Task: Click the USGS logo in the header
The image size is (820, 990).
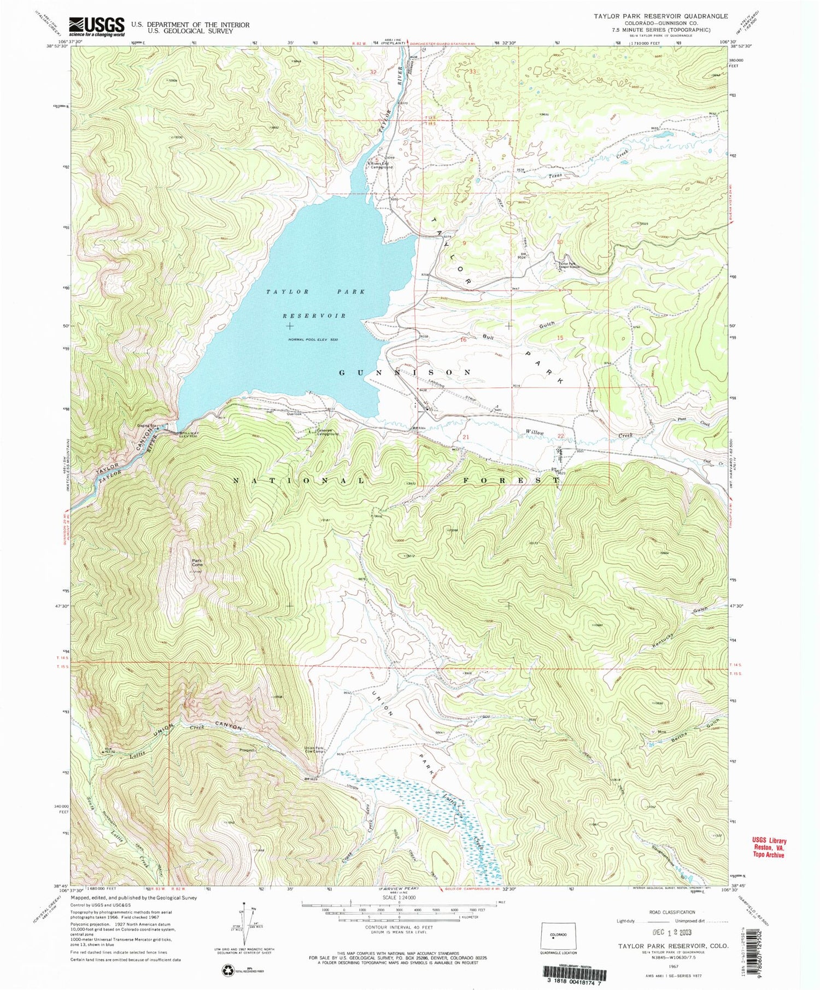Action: pyautogui.click(x=96, y=26)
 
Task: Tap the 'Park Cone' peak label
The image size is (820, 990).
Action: pyautogui.click(x=196, y=563)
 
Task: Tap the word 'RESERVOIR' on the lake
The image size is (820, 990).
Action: pyautogui.click(x=314, y=316)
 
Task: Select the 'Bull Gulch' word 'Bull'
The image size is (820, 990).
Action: pyautogui.click(x=488, y=337)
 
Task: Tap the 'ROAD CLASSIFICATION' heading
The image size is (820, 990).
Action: pyautogui.click(x=671, y=912)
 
